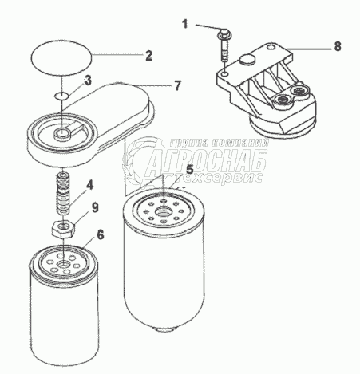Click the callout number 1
[184, 24]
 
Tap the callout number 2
[148, 56]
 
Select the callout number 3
[88, 81]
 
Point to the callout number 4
[90, 185]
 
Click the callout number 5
[189, 170]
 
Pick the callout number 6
[100, 234]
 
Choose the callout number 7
[177, 85]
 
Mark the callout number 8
[338, 47]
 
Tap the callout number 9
[95, 207]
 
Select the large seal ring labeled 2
[61, 56]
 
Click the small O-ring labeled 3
[61, 96]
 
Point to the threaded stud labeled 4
[63, 193]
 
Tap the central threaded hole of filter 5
[162, 212]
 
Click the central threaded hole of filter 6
[64, 265]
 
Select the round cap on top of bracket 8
[247, 60]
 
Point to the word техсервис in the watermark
[219, 177]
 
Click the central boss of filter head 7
[63, 132]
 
